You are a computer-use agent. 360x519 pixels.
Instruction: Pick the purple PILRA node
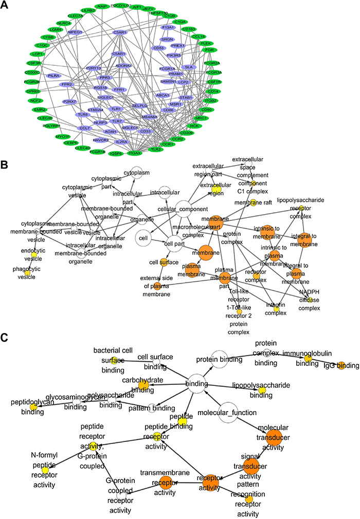pos(53,76)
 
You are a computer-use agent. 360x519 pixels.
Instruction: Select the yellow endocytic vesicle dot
pos(34,255)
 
